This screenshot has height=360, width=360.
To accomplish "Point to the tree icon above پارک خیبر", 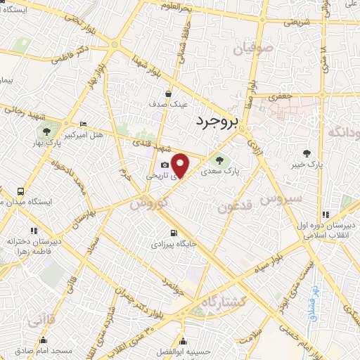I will coord(307,153).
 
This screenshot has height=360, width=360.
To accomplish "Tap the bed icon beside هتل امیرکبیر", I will coord(84,123).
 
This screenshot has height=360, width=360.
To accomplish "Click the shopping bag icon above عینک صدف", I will coord(168,93).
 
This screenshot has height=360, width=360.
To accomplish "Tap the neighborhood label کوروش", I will coord(147,201).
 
